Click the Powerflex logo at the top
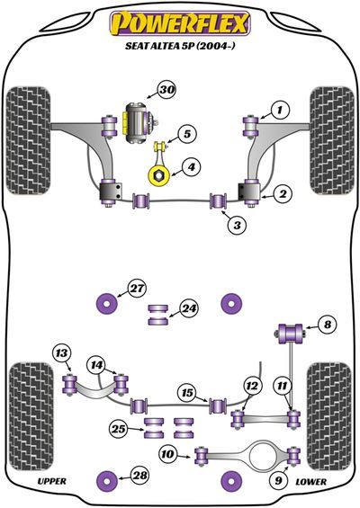click(180, 23)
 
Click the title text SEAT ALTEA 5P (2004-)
click(180, 46)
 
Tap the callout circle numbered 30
click(167, 90)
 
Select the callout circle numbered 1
click(279, 111)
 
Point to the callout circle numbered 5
click(187, 133)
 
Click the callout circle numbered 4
click(192, 167)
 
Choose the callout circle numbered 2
click(283, 194)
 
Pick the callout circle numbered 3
click(237, 225)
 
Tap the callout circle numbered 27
click(137, 288)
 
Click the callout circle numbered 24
click(189, 308)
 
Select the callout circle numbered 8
click(328, 325)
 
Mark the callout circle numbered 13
click(61, 352)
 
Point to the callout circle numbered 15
click(187, 393)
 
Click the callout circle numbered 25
click(119, 429)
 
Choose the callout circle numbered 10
click(167, 454)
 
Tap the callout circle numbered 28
click(140, 476)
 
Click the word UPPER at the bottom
click(52, 481)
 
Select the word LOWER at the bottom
click(311, 482)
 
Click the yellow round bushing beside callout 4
click(159, 175)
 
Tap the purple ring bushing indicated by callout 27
click(107, 304)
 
